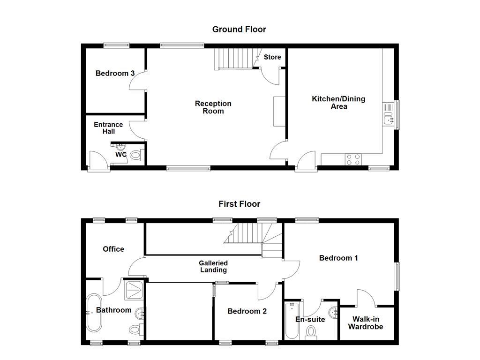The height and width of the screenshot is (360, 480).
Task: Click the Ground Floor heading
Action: point(239,30)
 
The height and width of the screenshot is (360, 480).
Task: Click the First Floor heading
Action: point(239,204)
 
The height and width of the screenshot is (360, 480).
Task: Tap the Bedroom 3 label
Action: point(115,73)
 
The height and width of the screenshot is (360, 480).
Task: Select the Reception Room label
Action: point(213,107)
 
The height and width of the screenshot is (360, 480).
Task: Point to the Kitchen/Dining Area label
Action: point(338,103)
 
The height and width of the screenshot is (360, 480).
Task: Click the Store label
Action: point(272,57)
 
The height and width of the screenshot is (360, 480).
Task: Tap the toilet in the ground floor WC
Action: point(135,155)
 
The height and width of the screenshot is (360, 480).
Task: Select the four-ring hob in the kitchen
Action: point(353,159)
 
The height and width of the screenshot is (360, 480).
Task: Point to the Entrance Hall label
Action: point(108,128)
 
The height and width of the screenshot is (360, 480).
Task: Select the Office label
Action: point(113,249)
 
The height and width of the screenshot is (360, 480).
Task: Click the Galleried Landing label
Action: point(213,266)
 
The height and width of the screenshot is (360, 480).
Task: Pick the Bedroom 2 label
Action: point(247,311)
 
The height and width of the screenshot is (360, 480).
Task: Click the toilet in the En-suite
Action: point(311,332)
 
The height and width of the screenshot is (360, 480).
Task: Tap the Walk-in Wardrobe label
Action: point(365,323)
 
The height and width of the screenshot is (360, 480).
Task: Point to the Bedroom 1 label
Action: point(338,258)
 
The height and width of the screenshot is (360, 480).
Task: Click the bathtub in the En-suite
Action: point(292,321)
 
